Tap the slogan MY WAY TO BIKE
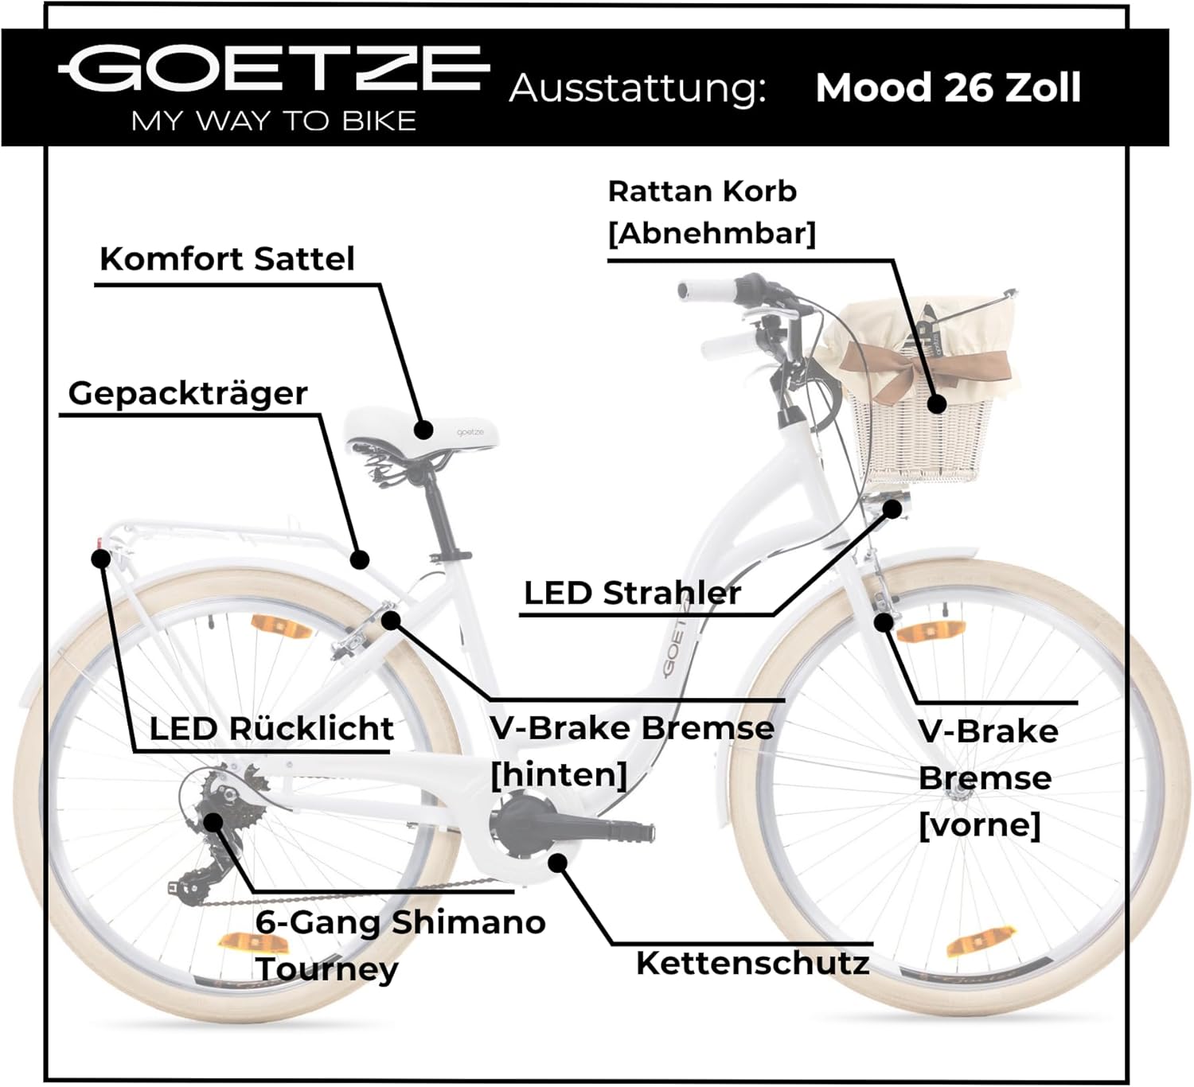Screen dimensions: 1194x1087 pos(274,121)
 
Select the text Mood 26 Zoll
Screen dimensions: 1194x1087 pos(948,88)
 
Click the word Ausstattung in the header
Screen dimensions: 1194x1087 pos(637,88)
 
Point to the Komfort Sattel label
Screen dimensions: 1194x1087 pos(227,259)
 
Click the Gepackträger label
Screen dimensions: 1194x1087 pos(188,393)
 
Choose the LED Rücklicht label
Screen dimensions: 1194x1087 pos(271,728)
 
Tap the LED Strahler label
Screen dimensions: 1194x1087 pos(632,593)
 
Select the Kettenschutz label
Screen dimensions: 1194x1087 pos(752,963)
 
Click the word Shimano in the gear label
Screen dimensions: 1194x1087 pos(468,922)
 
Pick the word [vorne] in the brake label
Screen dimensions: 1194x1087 pos(979,824)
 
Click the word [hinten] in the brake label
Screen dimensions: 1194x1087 pos(559,774)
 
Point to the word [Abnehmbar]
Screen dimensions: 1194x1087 pos(712,234)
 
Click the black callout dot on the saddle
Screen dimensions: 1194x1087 pos(424,431)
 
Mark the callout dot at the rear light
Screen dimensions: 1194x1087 pos(101,558)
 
